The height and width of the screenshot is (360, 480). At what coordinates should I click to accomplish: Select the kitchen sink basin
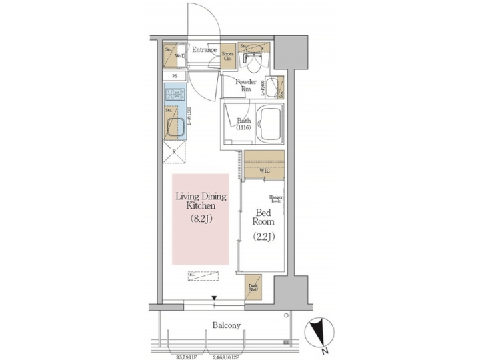tap(176, 125)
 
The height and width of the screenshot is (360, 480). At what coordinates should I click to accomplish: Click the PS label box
tap(175, 77)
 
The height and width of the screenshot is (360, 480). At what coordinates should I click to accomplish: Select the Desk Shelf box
tap(253, 285)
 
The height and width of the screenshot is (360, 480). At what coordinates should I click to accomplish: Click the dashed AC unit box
tap(204, 274)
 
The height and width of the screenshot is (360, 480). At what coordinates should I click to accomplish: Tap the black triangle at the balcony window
tap(214, 299)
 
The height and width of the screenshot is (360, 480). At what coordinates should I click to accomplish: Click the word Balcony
tap(227, 325)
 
